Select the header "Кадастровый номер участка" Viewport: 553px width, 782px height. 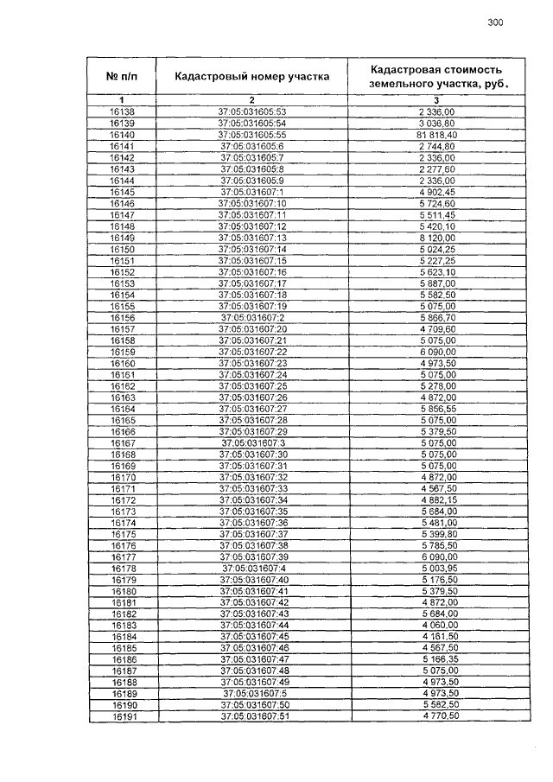[251, 76]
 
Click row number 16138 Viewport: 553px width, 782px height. [122, 111]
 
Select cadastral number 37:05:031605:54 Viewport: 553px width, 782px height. [252, 124]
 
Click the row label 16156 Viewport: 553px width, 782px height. [122, 317]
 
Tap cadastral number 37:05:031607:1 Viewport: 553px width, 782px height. [252, 191]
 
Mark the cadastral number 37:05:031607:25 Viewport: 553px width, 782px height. [252, 385]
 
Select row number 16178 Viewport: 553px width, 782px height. [122, 568]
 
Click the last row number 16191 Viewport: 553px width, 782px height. [122, 716]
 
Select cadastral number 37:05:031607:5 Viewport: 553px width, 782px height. [252, 693]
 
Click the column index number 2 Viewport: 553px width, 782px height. [251, 100]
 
